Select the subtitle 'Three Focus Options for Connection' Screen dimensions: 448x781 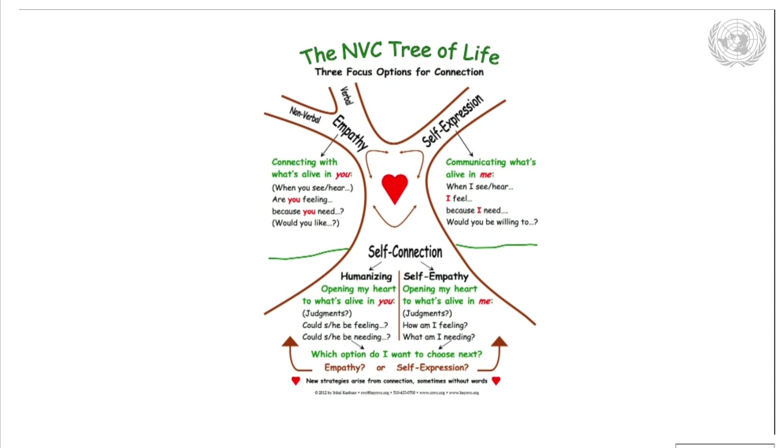click(399, 72)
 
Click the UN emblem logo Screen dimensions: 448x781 click(737, 42)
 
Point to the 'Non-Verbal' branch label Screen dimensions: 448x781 click(305, 114)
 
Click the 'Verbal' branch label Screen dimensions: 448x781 click(346, 95)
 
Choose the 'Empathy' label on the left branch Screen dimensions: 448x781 click(350, 132)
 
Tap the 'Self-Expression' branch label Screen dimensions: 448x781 click(453, 121)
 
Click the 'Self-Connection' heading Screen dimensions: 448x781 click(405, 252)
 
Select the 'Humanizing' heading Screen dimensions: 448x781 click(366, 276)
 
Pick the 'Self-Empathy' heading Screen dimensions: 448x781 click(436, 276)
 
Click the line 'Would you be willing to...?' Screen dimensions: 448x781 click(492, 222)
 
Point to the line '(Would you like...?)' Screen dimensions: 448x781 click(306, 223)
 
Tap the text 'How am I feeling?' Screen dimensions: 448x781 click(435, 325)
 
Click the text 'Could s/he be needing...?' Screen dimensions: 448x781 click(346, 337)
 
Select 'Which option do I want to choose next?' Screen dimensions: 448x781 click(396, 354)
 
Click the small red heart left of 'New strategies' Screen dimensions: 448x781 click(296, 381)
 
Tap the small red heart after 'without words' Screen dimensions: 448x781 click(496, 381)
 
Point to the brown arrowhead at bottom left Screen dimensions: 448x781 click(290, 342)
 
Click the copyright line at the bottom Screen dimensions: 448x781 click(396, 393)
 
